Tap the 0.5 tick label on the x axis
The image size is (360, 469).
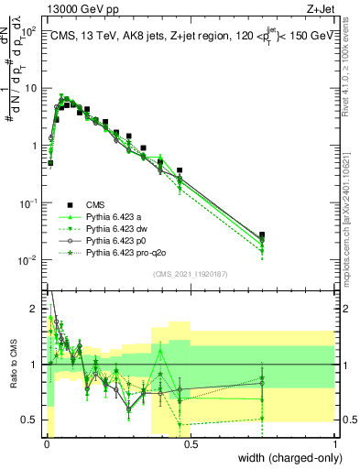[x=190, y=444]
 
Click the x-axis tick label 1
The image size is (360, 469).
[x=336, y=444]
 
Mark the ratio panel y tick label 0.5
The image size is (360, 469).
[x=31, y=420]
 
